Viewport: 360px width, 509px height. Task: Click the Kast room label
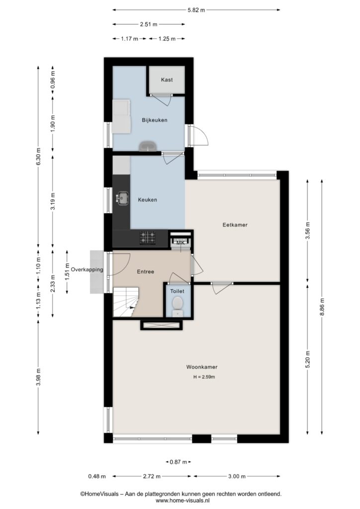[167, 80]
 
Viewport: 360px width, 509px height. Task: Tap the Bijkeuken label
[155, 120]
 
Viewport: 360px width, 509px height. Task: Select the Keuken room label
[147, 200]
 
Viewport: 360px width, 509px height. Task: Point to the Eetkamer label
[235, 225]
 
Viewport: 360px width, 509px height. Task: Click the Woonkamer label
[202, 367]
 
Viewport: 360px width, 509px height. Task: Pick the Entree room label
[145, 272]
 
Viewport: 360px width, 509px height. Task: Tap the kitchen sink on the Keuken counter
[122, 198]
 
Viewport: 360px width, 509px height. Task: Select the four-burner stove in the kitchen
[147, 238]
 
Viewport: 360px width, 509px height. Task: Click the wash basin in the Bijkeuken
[148, 147]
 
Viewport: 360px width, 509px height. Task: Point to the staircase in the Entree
[126, 302]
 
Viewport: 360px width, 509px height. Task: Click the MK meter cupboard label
[180, 242]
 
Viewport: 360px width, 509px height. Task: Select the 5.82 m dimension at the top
[196, 10]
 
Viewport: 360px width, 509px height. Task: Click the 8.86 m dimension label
[322, 307]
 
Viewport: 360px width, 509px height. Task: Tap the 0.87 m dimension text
[178, 462]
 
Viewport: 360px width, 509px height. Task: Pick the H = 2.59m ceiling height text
[204, 377]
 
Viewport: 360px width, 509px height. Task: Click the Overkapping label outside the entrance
[87, 269]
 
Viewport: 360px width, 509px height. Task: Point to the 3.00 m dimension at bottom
[237, 476]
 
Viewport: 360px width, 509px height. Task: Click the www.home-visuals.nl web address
[181, 501]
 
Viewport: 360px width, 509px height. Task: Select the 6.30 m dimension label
[38, 157]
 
